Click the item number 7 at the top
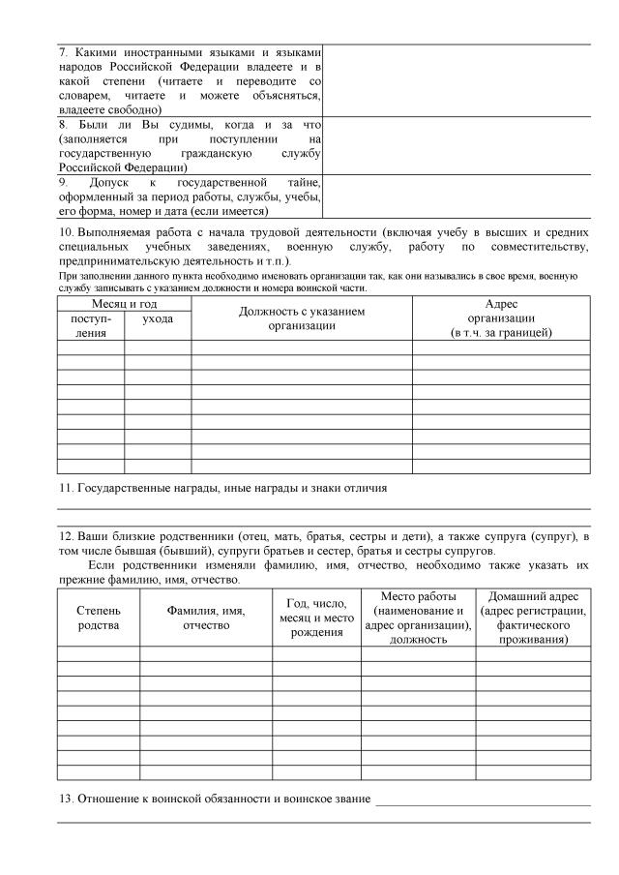[63, 51]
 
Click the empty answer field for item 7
[456, 80]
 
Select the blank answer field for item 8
[456, 145]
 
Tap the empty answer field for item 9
[456, 196]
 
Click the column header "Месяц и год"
[124, 304]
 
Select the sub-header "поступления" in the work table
[90, 324]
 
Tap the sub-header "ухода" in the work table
[158, 318]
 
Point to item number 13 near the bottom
[66, 799]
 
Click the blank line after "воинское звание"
[483, 801]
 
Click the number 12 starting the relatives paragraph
[65, 536]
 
